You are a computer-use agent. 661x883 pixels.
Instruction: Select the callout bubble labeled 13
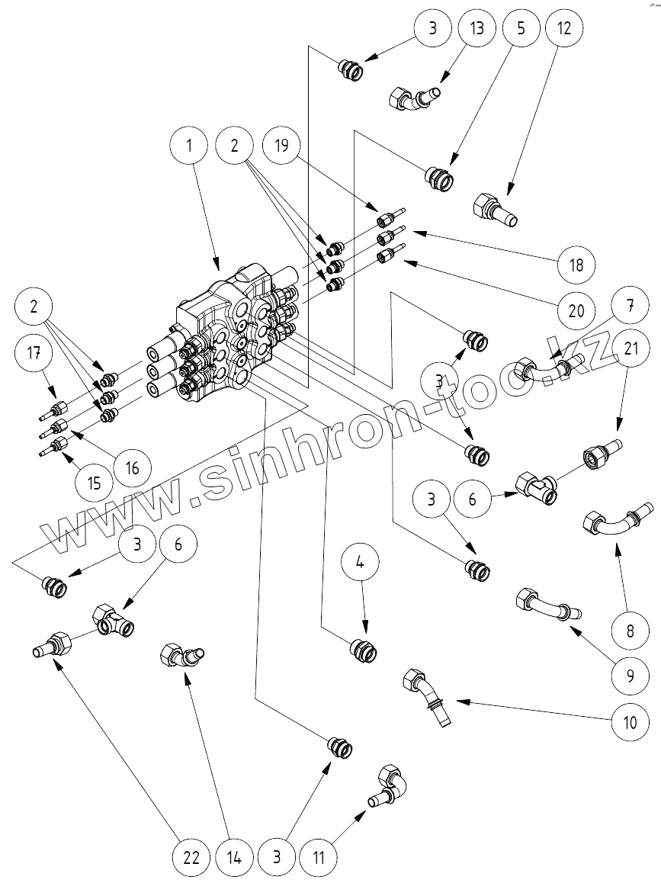pyautogui.click(x=478, y=30)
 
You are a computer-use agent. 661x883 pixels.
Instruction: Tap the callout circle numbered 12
pyautogui.click(x=565, y=30)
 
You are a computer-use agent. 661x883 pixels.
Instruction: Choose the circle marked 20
pyautogui.click(x=576, y=310)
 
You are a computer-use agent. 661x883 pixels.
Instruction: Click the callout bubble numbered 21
pyautogui.click(x=630, y=349)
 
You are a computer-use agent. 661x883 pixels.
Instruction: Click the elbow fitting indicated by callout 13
pyautogui.click(x=416, y=98)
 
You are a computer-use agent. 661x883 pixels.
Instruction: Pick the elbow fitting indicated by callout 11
pyautogui.click(x=389, y=785)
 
